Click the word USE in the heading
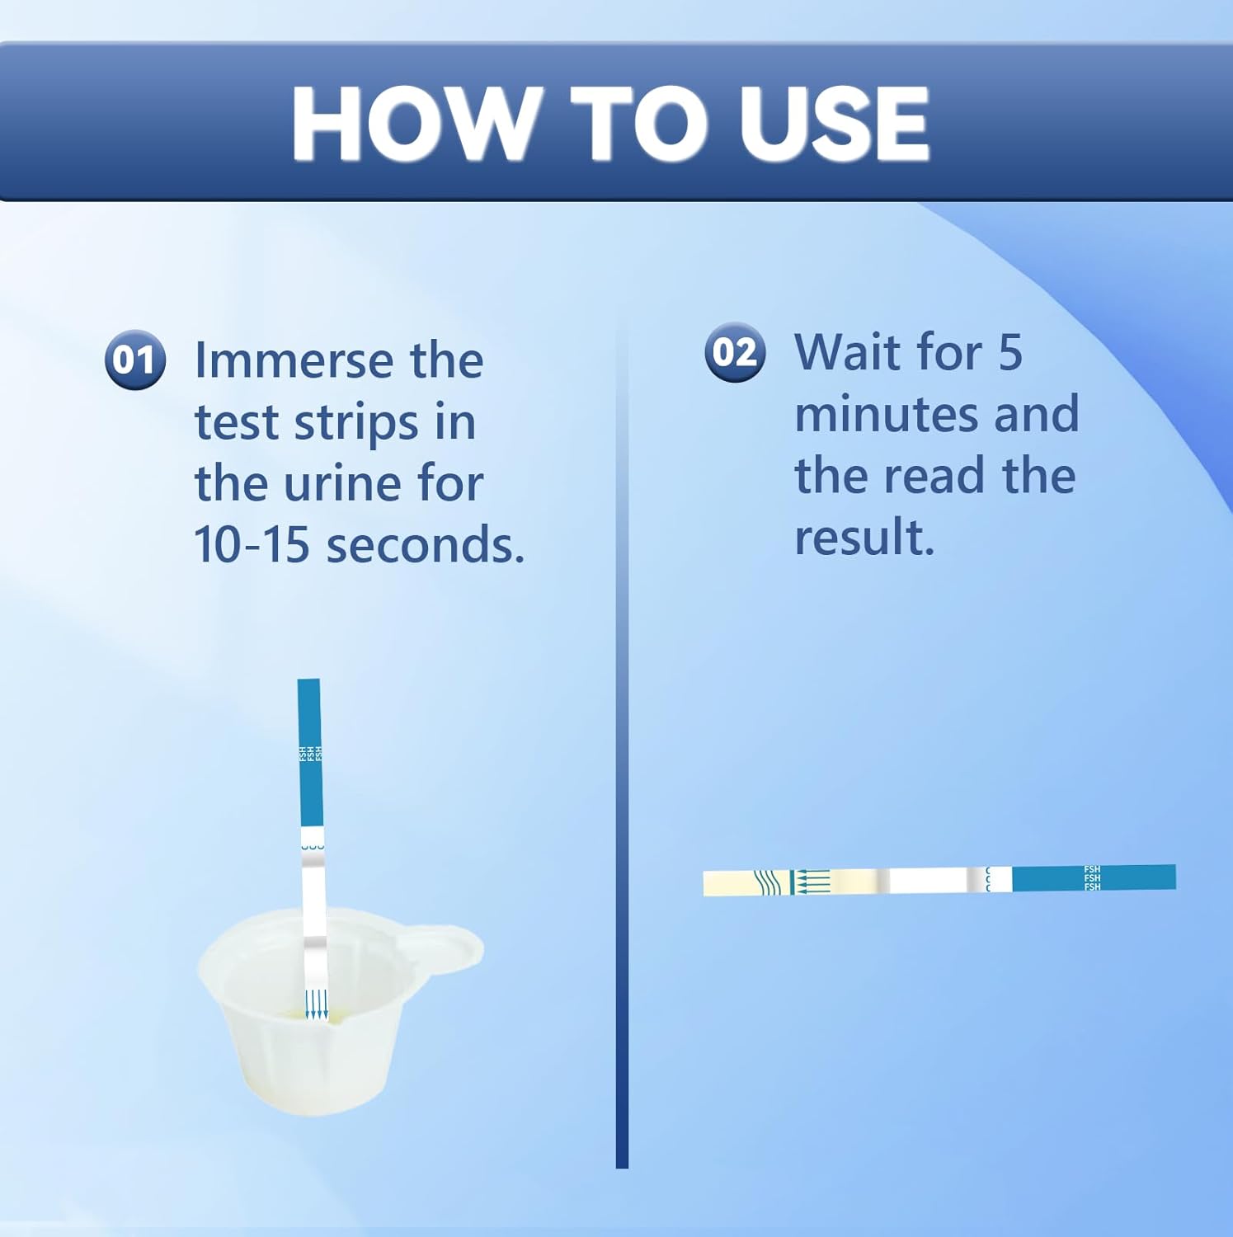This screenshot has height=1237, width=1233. point(834,125)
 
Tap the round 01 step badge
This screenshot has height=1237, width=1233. point(134,360)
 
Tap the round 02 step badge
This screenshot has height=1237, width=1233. point(735,352)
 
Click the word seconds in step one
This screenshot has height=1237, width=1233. point(426,545)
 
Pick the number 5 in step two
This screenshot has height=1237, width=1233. point(1010,352)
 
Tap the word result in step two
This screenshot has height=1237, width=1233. point(864,537)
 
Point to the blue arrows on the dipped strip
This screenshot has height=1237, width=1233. point(316,1003)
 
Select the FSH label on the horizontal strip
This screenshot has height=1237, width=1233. point(1092,877)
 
